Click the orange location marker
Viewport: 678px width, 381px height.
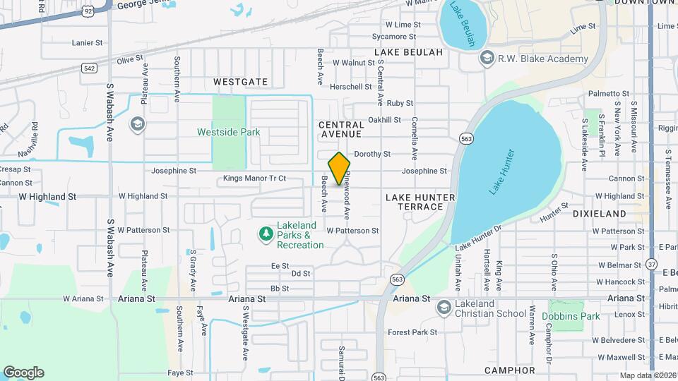click(x=339, y=168)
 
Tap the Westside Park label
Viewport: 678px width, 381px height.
click(x=228, y=132)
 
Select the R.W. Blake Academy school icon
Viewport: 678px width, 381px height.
click(x=486, y=58)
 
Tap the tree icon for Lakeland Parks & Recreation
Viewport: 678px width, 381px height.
click(x=266, y=233)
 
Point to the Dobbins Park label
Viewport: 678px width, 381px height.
click(x=571, y=316)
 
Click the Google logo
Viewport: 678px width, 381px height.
click(x=23, y=373)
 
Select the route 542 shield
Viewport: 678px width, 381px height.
click(x=89, y=68)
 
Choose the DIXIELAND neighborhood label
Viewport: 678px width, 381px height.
click(x=599, y=213)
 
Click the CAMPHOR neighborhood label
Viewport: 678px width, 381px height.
click(x=510, y=370)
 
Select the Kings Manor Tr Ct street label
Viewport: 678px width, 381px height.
click(x=254, y=179)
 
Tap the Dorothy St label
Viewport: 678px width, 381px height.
click(x=372, y=154)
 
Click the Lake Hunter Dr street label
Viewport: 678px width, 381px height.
click(x=478, y=236)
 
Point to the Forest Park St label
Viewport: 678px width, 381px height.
click(x=412, y=332)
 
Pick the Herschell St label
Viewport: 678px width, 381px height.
click(x=351, y=87)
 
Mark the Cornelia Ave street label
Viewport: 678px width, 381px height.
click(x=414, y=138)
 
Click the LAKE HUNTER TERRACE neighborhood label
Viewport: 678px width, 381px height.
click(x=420, y=202)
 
